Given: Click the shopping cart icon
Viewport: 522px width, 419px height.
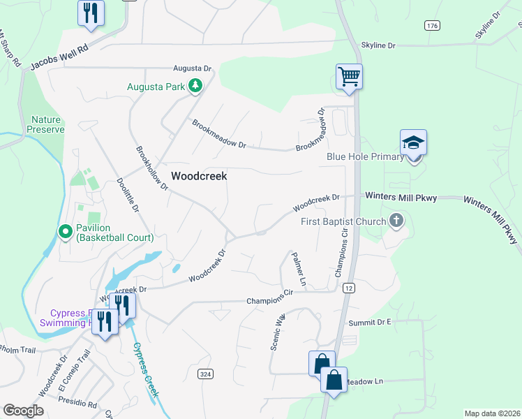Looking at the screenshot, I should (x=349, y=75).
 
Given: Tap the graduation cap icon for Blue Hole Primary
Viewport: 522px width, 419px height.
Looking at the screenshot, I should (x=413, y=142).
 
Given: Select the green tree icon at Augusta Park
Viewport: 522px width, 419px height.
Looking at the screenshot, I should (x=196, y=87).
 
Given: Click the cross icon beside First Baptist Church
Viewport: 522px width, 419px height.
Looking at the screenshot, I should (x=396, y=222).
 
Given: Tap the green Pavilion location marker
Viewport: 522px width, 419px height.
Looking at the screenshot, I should (x=65, y=230).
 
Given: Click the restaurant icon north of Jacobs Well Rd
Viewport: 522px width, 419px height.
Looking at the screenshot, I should (x=91, y=13).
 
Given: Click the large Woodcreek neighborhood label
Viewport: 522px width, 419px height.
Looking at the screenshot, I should (x=199, y=177).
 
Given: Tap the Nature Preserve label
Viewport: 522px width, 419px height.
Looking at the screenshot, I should (x=46, y=124).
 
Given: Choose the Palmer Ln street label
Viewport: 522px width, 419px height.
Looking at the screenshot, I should (x=299, y=270).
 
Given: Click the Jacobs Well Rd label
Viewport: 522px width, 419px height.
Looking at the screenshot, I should (x=60, y=59).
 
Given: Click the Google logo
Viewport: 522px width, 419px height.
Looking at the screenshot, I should (x=23, y=410).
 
